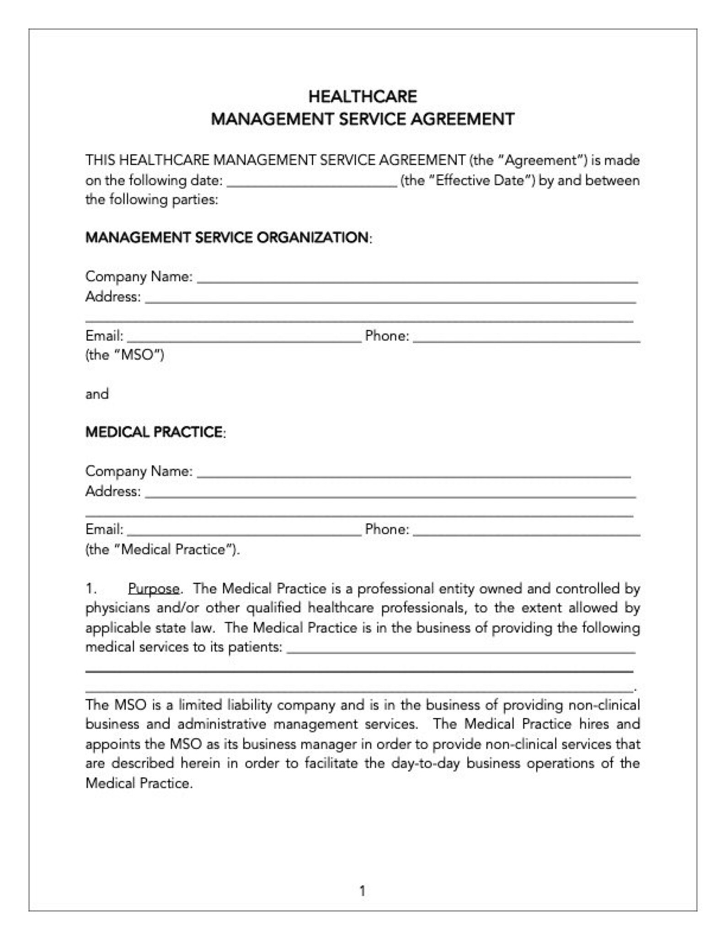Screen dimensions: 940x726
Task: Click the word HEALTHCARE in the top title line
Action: pos(362,97)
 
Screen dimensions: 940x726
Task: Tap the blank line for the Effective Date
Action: pos(312,182)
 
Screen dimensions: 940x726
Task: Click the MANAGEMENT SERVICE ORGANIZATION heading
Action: pos(227,237)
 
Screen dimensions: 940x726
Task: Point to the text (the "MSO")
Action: pos(124,355)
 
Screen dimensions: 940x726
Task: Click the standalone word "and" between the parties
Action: pos(97,394)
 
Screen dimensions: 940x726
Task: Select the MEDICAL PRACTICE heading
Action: pos(154,432)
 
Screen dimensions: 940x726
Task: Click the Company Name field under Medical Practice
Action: pos(414,473)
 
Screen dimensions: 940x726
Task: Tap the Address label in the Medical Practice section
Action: pos(113,491)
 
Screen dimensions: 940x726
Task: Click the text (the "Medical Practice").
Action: pos(162,549)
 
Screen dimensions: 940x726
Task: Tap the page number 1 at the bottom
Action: pos(363,891)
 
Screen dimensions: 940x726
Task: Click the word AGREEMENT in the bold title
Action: pos(463,119)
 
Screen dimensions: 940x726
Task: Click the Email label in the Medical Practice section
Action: pos(104,529)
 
